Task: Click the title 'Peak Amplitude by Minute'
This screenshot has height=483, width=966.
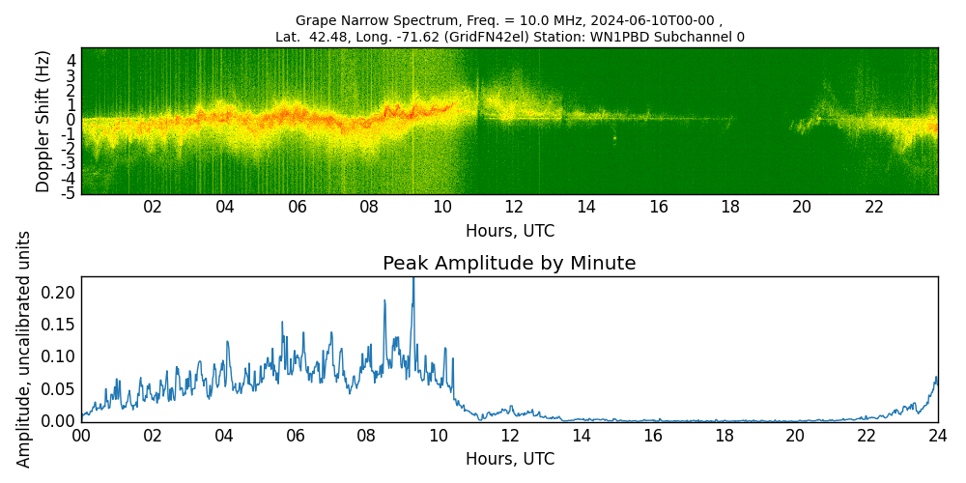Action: click(x=509, y=264)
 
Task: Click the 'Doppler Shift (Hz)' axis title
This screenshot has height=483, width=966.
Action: click(x=43, y=121)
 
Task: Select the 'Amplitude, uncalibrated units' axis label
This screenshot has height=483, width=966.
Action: click(x=24, y=349)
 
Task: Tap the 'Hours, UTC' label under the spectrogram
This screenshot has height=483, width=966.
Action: click(x=509, y=232)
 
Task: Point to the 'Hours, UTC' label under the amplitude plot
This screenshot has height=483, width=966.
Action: click(x=509, y=459)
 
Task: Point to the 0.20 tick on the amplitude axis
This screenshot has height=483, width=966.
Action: click(x=61, y=292)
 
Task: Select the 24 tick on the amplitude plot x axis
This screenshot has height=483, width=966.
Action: click(x=937, y=435)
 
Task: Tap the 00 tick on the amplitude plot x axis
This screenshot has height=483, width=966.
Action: click(x=81, y=435)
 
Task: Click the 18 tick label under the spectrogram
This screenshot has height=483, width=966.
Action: click(x=730, y=208)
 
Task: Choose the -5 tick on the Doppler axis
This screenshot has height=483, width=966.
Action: click(x=69, y=193)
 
